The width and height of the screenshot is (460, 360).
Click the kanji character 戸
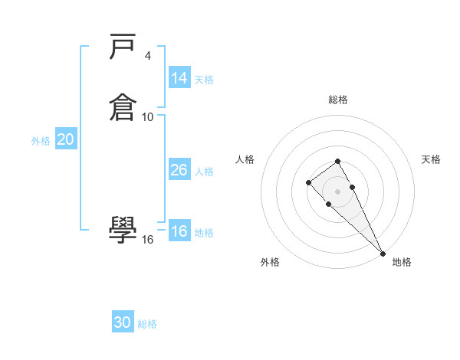(123, 50)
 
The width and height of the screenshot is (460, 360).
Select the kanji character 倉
(123, 106)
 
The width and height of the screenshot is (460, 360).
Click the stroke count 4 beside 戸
(147, 56)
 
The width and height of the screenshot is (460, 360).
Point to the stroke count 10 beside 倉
(148, 116)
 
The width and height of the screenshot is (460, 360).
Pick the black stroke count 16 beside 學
(148, 239)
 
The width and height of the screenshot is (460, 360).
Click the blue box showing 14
(179, 78)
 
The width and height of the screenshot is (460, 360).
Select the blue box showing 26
(179, 170)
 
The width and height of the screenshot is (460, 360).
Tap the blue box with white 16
(179, 231)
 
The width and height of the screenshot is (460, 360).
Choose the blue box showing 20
(66, 139)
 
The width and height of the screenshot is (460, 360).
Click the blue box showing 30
(123, 322)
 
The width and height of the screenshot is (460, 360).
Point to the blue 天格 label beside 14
(204, 80)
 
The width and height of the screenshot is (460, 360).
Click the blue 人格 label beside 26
(204, 172)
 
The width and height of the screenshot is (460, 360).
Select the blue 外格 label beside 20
(41, 141)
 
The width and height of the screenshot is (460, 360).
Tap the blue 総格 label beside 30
(147, 324)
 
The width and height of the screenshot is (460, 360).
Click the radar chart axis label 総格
(338, 100)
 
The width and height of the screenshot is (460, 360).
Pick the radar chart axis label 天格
(431, 159)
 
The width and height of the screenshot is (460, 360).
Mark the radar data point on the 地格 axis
(383, 254)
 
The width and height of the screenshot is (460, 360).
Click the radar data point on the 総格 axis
(337, 161)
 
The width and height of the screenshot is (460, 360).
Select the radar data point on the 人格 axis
(308, 182)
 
